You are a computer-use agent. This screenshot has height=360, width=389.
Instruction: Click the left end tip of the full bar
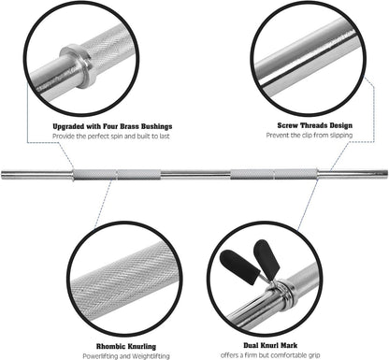coord(4,173)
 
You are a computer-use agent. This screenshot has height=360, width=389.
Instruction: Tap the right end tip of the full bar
coord(384,173)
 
